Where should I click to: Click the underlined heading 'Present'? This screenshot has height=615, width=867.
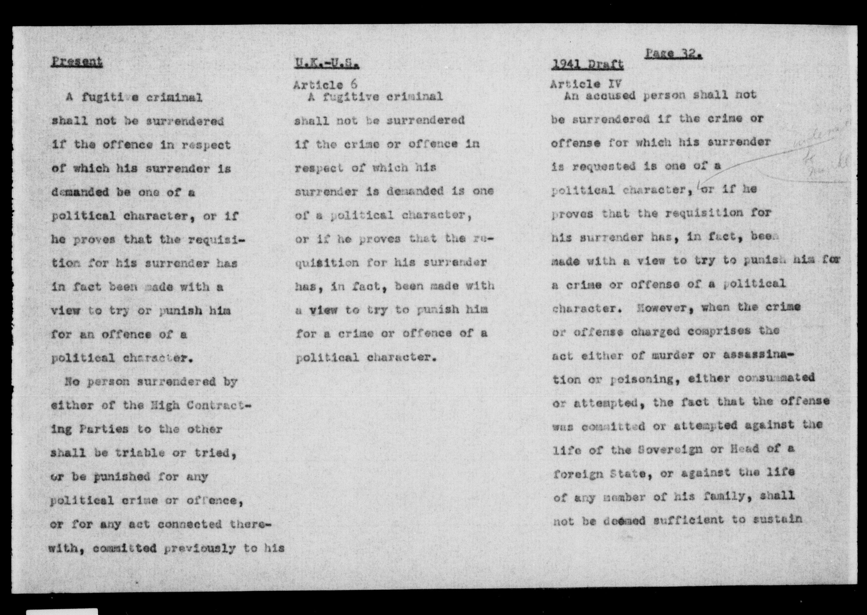77,62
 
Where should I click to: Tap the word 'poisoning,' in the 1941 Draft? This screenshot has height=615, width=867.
644,379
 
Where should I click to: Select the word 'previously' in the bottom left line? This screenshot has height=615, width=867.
201,548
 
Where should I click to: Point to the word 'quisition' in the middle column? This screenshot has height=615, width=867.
327,262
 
